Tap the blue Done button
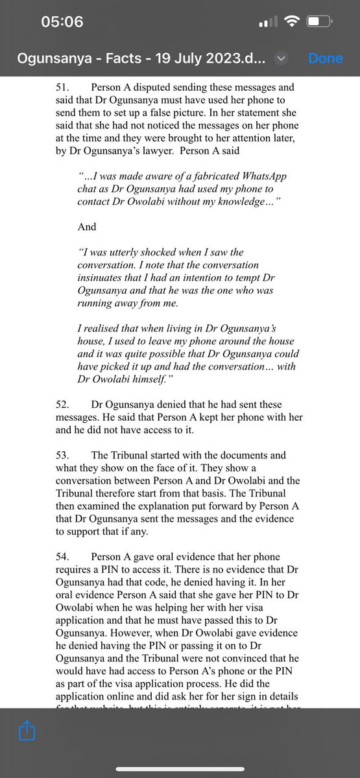pyautogui.click(x=326, y=58)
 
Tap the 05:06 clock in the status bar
pyautogui.click(x=62, y=21)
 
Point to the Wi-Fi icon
pyautogui.click(x=291, y=22)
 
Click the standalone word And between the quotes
pyautogui.click(x=87, y=226)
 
